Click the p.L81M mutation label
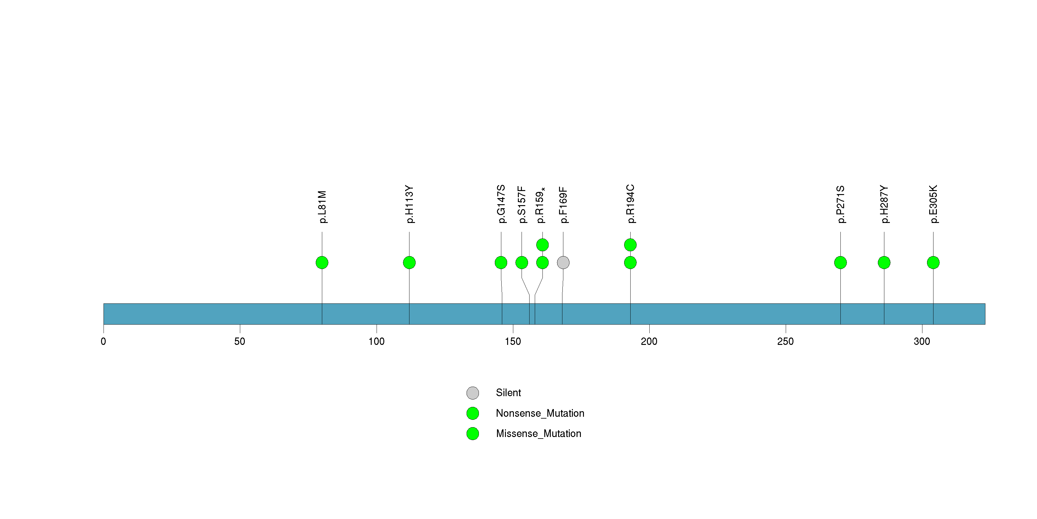coord(322,207)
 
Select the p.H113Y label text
coord(409,204)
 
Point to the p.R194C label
coord(630,204)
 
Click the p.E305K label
coord(933,204)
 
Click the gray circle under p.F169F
coord(563,263)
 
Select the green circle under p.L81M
coord(322,263)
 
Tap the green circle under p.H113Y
coord(409,263)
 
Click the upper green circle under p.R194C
coord(630,245)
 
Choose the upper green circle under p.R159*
coord(543,245)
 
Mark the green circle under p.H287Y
coord(884,263)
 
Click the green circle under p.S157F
coord(522,263)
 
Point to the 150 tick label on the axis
coord(513,341)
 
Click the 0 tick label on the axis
coord(104,341)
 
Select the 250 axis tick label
coord(785,341)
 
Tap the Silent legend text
coord(508,393)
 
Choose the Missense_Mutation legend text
coord(539,433)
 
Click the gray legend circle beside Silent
coord(473,393)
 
